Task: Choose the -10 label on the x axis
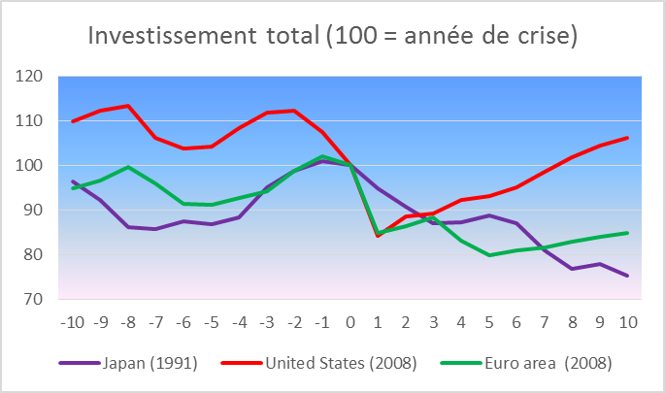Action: [72, 320]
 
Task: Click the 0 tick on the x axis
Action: [349, 320]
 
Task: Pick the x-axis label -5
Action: [211, 320]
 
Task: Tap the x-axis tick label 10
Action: [627, 320]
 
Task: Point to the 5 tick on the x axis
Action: [488, 320]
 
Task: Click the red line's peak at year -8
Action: [128, 106]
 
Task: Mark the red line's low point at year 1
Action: [378, 236]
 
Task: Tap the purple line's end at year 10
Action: [627, 276]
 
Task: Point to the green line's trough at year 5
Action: [488, 255]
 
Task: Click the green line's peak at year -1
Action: [322, 156]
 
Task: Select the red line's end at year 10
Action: [627, 138]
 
